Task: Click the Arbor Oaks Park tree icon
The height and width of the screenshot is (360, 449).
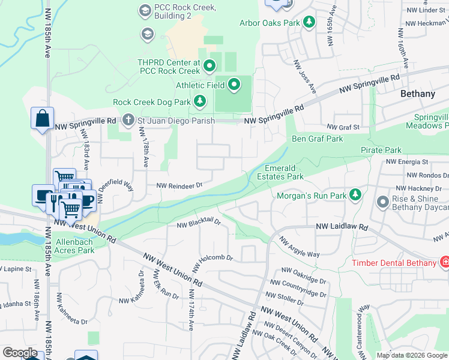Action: tap(309, 23)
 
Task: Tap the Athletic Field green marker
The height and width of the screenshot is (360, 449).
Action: tap(234, 85)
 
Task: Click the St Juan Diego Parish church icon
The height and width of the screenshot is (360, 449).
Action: tap(128, 121)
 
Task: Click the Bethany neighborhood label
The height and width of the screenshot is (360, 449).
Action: tap(418, 94)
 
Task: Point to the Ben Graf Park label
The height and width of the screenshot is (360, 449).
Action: tap(317, 139)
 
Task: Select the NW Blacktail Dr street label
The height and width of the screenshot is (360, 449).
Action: tap(199, 224)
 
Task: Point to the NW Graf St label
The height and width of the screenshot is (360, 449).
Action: tap(343, 127)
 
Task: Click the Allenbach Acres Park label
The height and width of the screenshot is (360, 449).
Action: tap(76, 245)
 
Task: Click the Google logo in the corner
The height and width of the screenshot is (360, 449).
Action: tap(20, 353)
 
